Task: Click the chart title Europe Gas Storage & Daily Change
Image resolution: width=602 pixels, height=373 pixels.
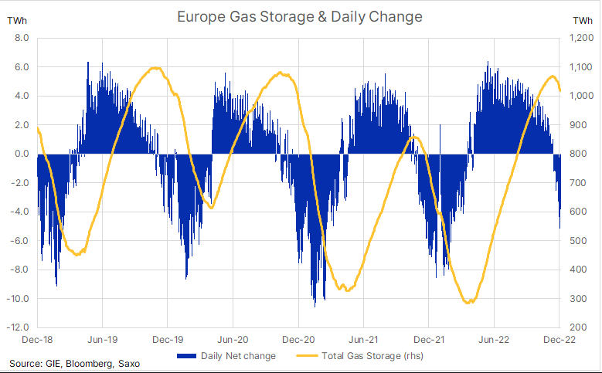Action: coord(300,15)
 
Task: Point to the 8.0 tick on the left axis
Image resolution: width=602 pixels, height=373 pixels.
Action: coord(22,38)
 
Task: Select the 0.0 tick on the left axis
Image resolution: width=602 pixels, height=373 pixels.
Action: coord(22,154)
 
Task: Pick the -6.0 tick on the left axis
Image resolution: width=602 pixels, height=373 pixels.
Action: coord(20,241)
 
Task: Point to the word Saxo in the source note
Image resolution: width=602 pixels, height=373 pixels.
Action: coord(139,363)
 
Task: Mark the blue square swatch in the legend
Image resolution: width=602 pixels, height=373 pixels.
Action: coord(186,356)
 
